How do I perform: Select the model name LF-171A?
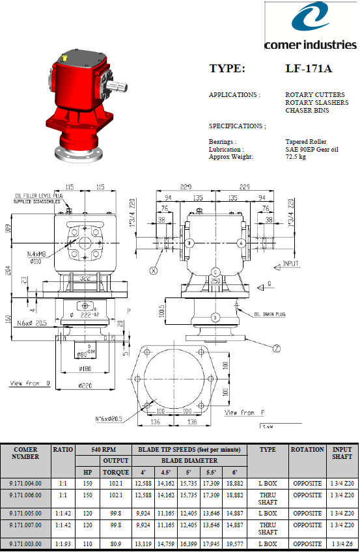point(309,68)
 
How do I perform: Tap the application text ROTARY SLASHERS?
point(316,103)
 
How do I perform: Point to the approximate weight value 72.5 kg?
point(296,157)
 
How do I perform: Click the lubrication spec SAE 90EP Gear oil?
point(312,150)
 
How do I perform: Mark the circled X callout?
point(153,269)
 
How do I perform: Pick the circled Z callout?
point(277,348)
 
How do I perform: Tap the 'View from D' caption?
point(30,384)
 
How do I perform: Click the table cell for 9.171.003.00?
point(25,543)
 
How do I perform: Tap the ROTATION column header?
point(307,449)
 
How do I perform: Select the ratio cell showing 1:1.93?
point(63,543)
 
